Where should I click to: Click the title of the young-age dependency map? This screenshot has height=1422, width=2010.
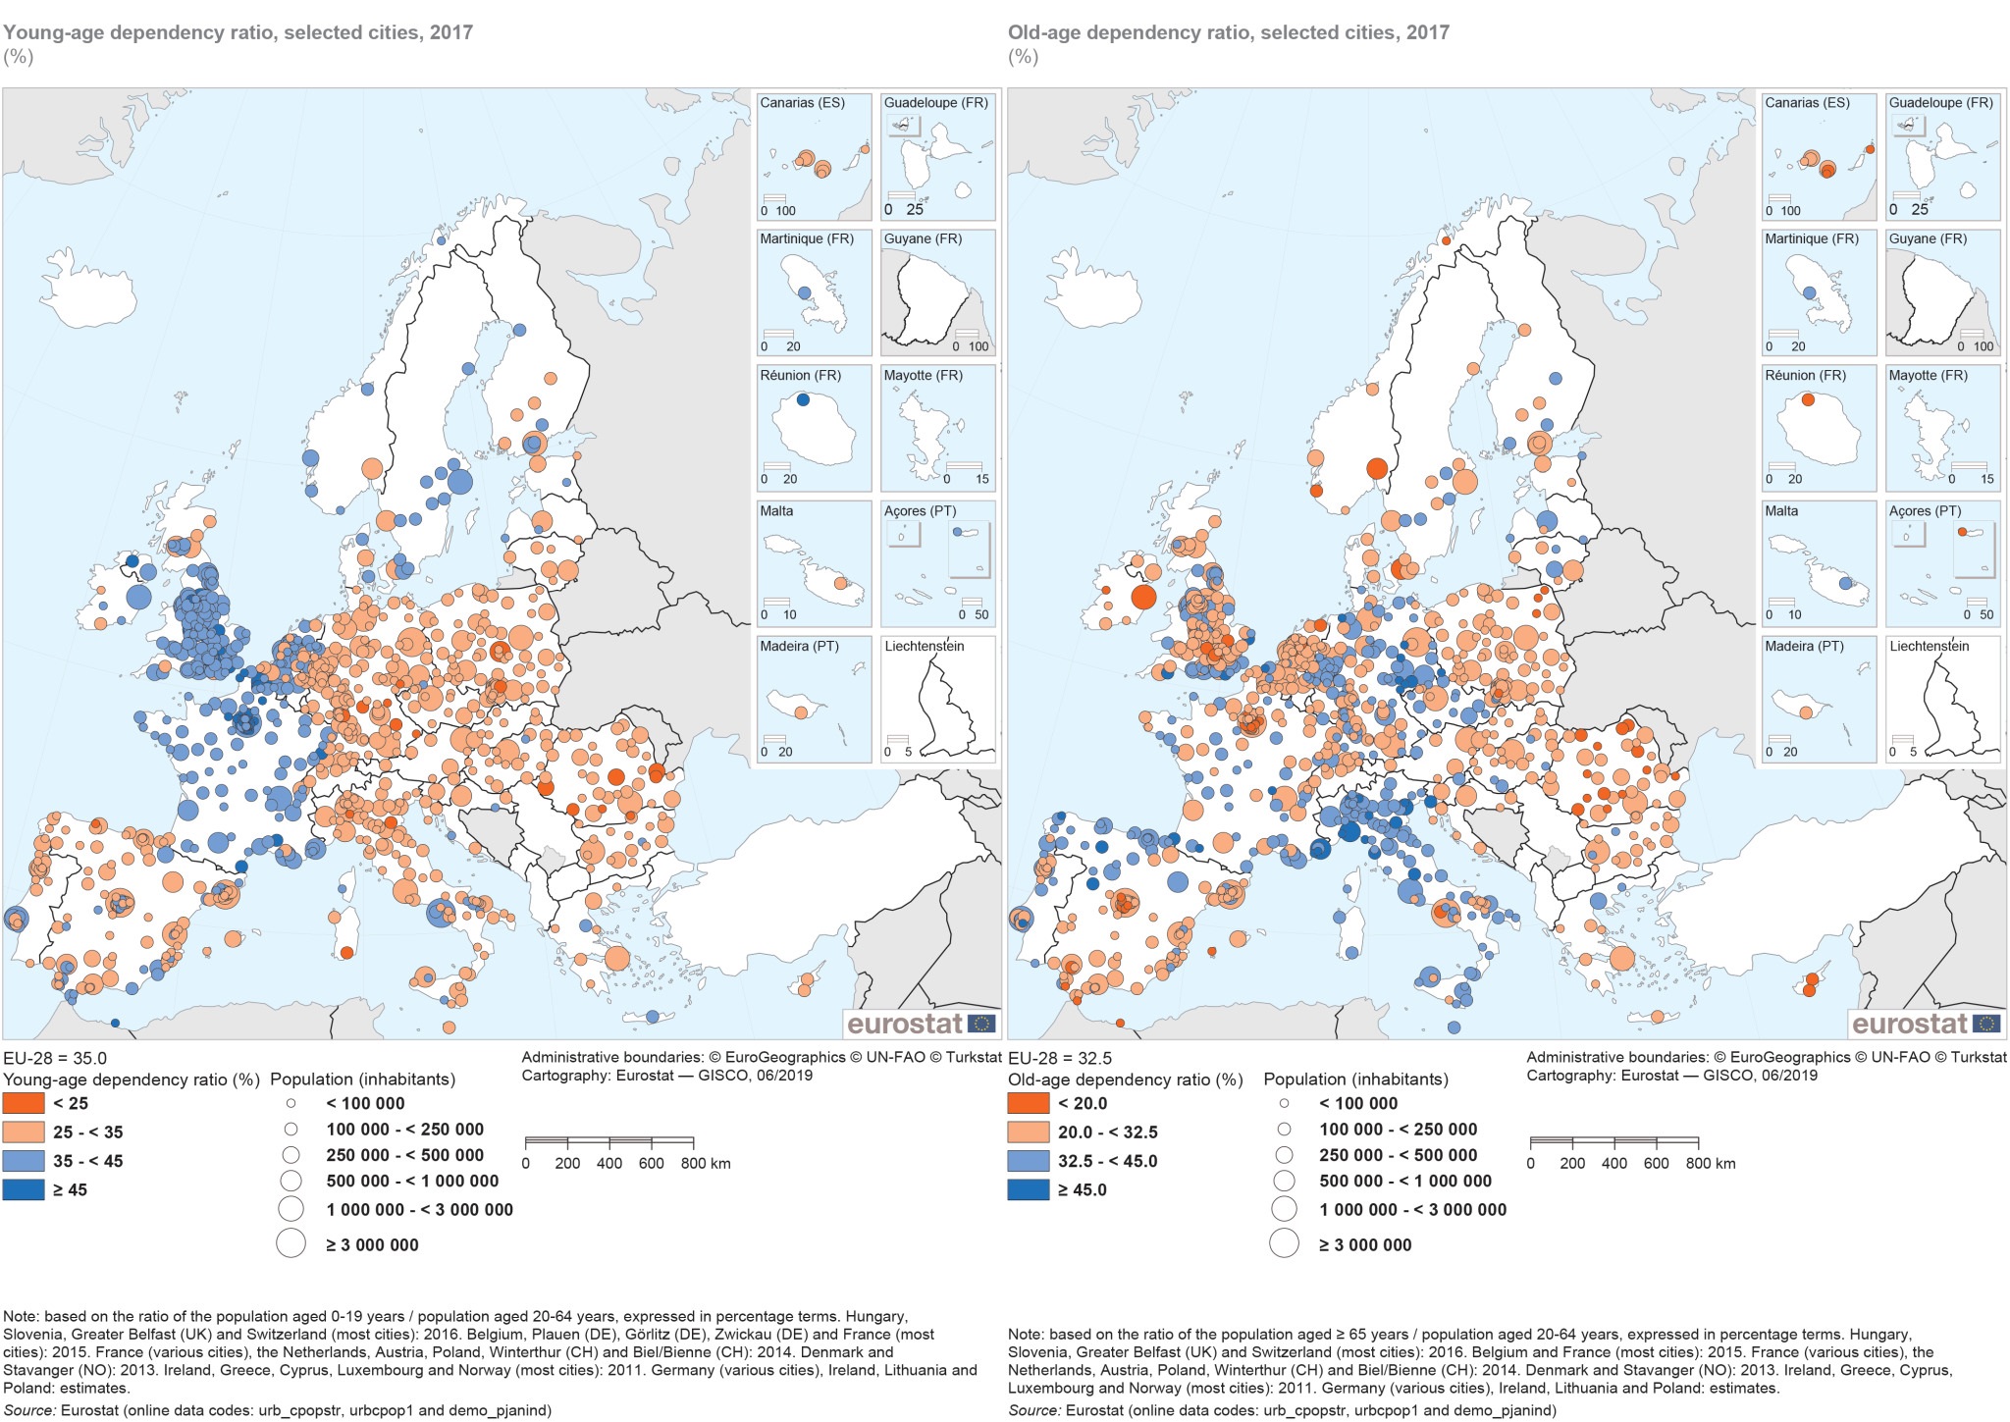coord(238,32)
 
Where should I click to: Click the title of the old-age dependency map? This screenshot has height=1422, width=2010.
coord(1228,32)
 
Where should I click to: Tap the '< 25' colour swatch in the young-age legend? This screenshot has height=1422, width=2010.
coord(23,1103)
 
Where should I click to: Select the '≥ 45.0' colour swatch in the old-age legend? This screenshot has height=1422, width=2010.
coord(1028,1189)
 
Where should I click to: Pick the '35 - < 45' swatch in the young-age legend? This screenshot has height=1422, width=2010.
coord(23,1161)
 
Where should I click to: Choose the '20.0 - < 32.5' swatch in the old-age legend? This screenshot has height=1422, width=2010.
coord(1028,1132)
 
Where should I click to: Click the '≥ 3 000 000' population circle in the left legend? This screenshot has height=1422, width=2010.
coord(291,1243)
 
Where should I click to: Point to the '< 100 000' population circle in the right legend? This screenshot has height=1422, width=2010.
coord(1284,1103)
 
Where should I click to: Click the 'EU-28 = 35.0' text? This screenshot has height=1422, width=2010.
coord(55,1058)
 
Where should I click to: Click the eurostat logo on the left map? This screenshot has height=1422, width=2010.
coord(920,1024)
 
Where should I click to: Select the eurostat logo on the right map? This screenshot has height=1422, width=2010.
coord(1925,1024)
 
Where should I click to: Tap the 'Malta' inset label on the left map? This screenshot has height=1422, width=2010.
coord(776,511)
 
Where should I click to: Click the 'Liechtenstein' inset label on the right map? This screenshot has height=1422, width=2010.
coord(1930,647)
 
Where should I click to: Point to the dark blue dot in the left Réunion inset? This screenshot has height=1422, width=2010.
coord(803,399)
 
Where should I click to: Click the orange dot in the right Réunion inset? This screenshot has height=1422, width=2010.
coord(1808,399)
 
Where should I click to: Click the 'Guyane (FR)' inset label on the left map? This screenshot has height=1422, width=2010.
coord(923,239)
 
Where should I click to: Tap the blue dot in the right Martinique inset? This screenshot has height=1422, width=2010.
coord(1810,292)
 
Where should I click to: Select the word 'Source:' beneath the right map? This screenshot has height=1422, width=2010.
coord(1033,1410)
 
